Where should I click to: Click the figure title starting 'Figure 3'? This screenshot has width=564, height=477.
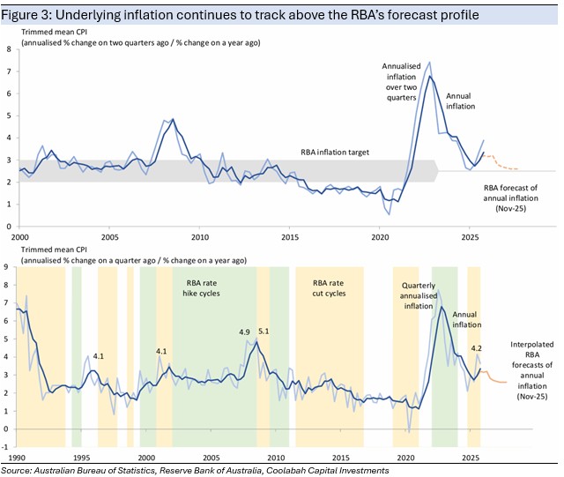[x=240, y=15]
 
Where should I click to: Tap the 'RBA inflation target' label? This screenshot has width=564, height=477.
[x=335, y=153]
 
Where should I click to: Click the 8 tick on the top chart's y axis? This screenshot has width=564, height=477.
[x=9, y=49]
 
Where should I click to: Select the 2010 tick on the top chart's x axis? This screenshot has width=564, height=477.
[x=200, y=237]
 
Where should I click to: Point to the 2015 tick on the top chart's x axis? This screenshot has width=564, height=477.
[x=290, y=237]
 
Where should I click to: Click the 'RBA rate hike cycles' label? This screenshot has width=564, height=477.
[x=201, y=288]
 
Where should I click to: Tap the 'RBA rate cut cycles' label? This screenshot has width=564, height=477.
[x=329, y=288]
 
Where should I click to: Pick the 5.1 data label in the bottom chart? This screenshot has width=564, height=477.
[x=263, y=332]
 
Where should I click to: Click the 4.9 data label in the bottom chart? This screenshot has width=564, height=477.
[x=245, y=332]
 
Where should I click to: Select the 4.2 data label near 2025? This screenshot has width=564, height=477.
[x=476, y=348]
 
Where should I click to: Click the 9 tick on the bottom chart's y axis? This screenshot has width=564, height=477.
[x=5, y=267]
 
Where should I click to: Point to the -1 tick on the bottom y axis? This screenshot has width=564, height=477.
[x=4, y=447]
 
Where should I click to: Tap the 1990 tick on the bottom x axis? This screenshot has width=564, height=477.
[x=17, y=458]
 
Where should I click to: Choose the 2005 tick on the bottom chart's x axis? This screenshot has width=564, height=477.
[x=211, y=458]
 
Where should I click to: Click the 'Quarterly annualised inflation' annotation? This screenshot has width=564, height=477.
[x=419, y=295]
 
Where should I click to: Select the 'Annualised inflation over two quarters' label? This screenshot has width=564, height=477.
[x=401, y=82]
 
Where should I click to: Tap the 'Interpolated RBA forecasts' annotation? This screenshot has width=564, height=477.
[x=532, y=370]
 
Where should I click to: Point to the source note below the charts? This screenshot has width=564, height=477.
[x=195, y=471]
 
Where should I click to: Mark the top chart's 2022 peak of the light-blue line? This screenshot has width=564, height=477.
[x=429, y=62]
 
